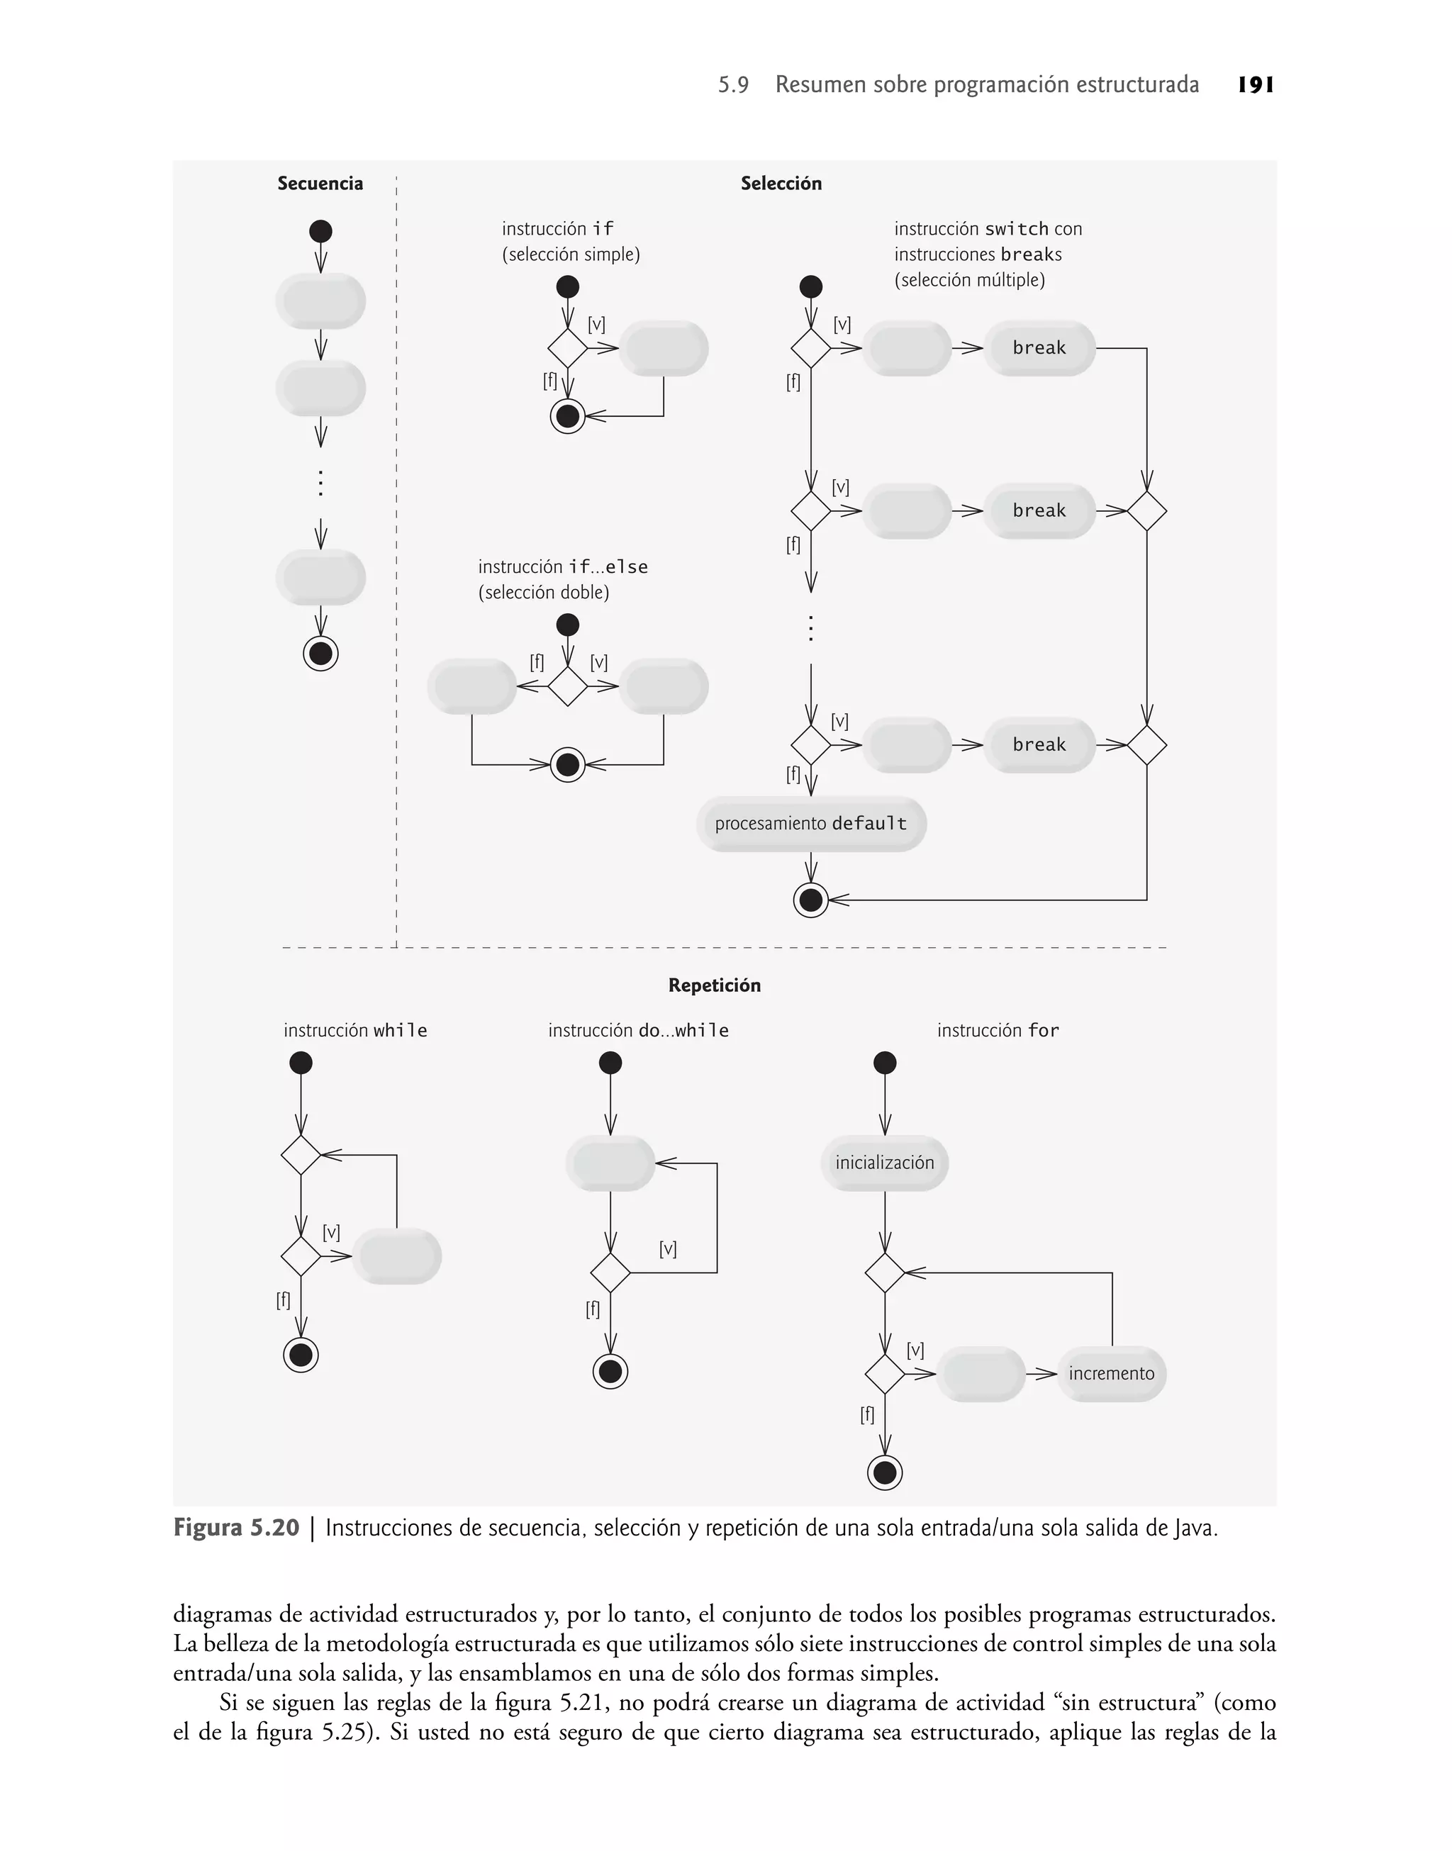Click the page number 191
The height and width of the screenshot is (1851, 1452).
coord(1256,85)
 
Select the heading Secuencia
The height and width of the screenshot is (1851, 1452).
coord(320,184)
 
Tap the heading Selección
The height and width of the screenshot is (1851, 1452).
coord(781,184)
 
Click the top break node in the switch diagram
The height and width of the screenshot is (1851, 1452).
coord(1039,347)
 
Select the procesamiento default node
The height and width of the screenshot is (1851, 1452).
coord(810,824)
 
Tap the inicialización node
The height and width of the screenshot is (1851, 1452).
coord(884,1163)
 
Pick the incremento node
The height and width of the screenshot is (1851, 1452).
coord(1111,1373)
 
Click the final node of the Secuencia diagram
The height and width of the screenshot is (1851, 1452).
coord(320,654)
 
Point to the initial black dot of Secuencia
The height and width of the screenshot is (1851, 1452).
coord(320,231)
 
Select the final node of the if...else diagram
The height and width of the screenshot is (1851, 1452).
coord(567,765)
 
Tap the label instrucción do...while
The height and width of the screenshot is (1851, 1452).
coord(637,1030)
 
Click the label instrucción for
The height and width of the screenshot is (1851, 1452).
coord(998,1030)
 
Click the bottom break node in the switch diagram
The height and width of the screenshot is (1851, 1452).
coord(1039,744)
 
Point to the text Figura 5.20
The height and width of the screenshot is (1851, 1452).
coord(235,1527)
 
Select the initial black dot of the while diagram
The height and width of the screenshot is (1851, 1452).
coord(301,1063)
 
